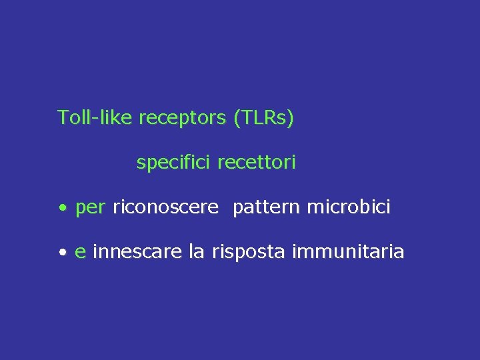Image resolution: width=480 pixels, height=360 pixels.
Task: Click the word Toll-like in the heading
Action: point(95,118)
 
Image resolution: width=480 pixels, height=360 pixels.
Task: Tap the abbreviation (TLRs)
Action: point(264,118)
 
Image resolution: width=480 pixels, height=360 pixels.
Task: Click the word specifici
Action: point(174,163)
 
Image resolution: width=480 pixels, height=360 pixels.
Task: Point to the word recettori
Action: point(257,163)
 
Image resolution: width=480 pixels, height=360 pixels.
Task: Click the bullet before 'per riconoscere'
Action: point(62,209)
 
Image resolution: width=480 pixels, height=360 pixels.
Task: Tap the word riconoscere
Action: point(165,208)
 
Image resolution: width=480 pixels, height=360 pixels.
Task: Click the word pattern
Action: point(267,208)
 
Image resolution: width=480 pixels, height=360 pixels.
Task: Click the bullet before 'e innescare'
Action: point(62,253)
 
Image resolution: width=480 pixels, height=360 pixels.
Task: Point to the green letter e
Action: point(80,253)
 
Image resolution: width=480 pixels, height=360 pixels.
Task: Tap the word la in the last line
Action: point(197,252)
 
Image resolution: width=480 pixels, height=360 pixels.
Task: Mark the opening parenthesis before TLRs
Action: point(237,119)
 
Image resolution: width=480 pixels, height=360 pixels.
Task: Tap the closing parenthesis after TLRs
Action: point(291,119)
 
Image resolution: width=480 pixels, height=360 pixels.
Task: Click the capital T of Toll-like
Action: point(62,118)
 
